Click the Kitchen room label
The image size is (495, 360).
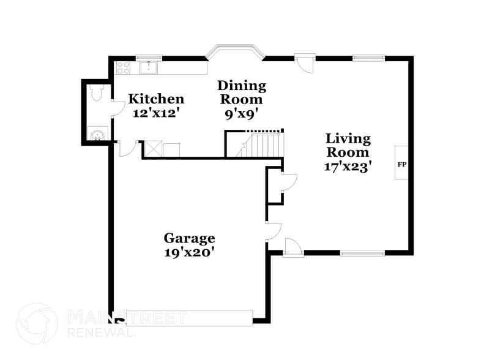(155, 99)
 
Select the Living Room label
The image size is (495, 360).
(348, 146)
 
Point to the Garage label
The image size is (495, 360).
(189, 238)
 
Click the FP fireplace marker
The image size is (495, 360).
(402, 164)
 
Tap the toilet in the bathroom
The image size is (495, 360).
(95, 93)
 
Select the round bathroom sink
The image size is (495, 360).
(97, 134)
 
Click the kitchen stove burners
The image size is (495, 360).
(123, 68)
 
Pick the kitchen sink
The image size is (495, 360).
(149, 67)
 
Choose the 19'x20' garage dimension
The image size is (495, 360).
(189, 252)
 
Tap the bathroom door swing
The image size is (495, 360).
(115, 108)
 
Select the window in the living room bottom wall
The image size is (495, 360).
(362, 252)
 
